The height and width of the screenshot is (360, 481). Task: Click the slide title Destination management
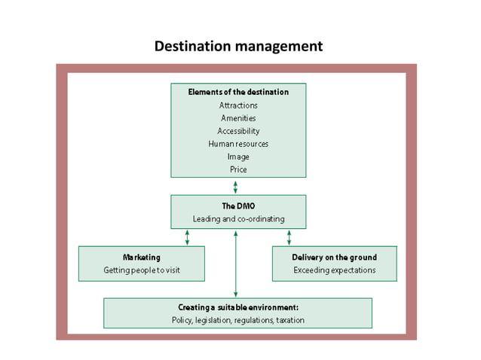click(x=238, y=46)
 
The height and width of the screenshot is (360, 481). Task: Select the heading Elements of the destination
click(x=238, y=92)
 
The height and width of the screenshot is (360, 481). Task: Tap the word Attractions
click(x=238, y=105)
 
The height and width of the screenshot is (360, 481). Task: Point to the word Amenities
click(x=238, y=118)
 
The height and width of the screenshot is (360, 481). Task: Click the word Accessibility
click(x=238, y=131)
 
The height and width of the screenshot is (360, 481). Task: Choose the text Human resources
click(x=238, y=144)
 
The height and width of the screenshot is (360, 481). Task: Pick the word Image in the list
click(x=238, y=157)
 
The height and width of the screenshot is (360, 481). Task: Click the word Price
click(x=238, y=169)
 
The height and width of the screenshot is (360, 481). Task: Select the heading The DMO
click(x=238, y=206)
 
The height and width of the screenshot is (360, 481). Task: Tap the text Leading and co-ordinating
click(x=238, y=220)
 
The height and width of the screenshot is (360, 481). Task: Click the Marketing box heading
click(x=141, y=257)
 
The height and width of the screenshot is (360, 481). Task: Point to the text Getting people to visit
click(x=141, y=270)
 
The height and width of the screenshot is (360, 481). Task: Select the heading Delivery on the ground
click(x=334, y=257)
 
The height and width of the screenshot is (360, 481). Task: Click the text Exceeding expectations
click(x=334, y=270)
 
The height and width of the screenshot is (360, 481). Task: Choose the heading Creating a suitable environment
click(x=238, y=307)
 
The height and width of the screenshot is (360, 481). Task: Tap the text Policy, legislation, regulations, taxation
click(x=238, y=321)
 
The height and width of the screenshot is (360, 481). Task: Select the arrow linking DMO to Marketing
click(x=187, y=237)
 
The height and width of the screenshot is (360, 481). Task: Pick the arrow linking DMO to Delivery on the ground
click(x=289, y=237)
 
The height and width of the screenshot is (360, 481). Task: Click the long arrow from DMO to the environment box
click(x=236, y=264)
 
